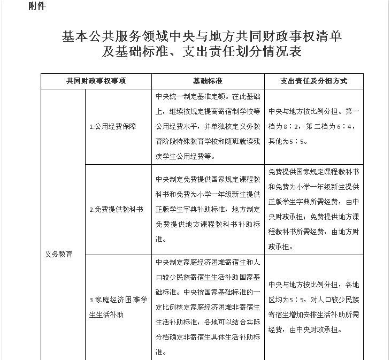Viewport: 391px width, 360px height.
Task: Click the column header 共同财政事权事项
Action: coord(96,81)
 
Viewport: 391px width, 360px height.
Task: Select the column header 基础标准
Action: coord(208,81)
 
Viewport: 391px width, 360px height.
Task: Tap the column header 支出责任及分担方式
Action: coord(314,81)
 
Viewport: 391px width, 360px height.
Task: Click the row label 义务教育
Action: coord(59,254)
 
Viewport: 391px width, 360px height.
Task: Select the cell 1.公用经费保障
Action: coord(112,127)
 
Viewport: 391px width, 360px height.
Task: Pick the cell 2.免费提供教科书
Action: coord(116,209)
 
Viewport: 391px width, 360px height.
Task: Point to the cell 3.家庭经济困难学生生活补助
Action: coord(117,307)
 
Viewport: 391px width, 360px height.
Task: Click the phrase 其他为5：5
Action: coord(288,142)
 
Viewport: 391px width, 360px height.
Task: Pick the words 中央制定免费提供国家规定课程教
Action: coord(208,179)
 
